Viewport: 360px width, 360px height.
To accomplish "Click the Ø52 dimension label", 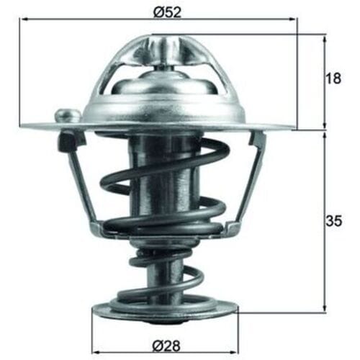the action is point(167,12).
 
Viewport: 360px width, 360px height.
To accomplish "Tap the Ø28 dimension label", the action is point(166,346).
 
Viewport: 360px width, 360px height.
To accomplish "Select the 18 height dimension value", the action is point(333,78).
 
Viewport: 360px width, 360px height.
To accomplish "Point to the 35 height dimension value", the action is point(333,221).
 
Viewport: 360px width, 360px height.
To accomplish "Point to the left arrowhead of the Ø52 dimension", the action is point(24,19).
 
